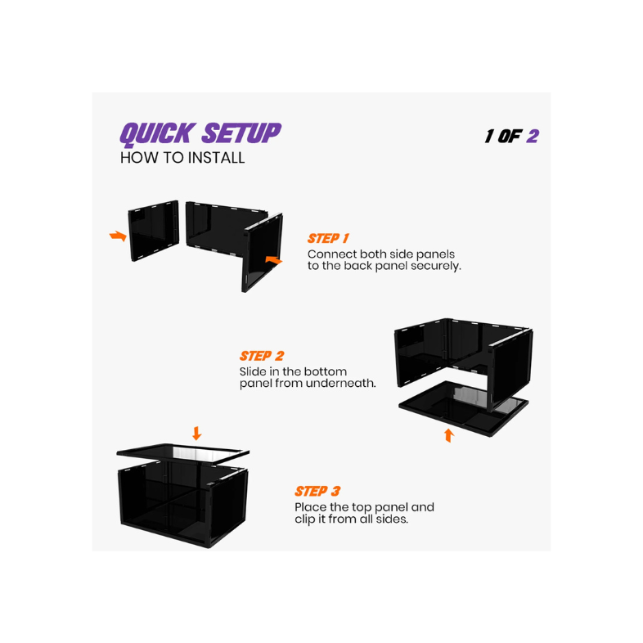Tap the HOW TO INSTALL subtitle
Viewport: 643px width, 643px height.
point(182,158)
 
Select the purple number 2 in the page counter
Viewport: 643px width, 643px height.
point(533,136)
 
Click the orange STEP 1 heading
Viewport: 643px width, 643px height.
point(329,239)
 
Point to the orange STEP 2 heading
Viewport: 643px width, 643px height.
point(262,357)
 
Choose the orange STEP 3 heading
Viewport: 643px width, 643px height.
point(317,492)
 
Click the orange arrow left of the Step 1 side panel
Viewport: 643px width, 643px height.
point(119,236)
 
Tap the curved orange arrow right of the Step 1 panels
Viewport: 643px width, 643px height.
point(274,260)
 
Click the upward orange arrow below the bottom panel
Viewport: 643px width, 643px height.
point(448,435)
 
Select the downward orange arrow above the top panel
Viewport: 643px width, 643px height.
point(196,433)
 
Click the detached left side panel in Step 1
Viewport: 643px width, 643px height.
point(153,231)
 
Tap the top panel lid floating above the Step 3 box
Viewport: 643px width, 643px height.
point(183,452)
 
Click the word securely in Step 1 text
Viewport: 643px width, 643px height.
point(436,266)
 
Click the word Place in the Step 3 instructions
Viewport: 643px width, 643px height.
point(312,507)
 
